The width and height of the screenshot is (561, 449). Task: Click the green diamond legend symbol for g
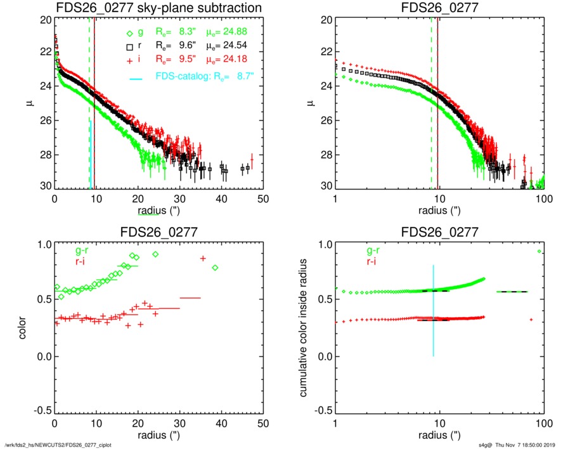pos(129,34)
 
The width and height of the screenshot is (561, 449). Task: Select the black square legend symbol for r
pos(129,46)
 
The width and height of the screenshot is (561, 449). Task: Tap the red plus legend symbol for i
pos(129,59)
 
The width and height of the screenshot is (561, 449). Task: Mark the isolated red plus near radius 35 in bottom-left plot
pos(203,258)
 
